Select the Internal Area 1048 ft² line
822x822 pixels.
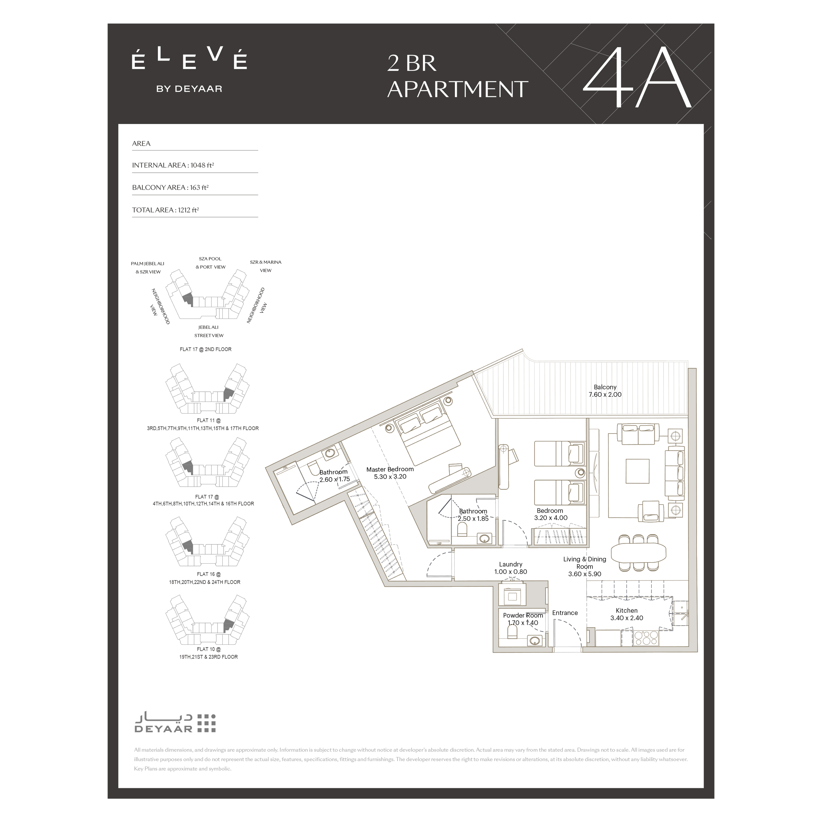click(173, 165)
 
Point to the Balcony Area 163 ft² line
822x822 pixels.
click(170, 187)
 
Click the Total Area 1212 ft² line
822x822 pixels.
click(166, 210)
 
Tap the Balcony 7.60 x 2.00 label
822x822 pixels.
click(605, 391)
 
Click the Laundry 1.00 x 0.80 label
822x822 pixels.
click(511, 568)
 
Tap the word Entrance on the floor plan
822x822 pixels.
click(565, 613)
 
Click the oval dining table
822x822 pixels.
click(638, 552)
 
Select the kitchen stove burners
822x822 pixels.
click(646, 638)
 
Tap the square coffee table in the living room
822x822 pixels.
click(637, 471)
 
